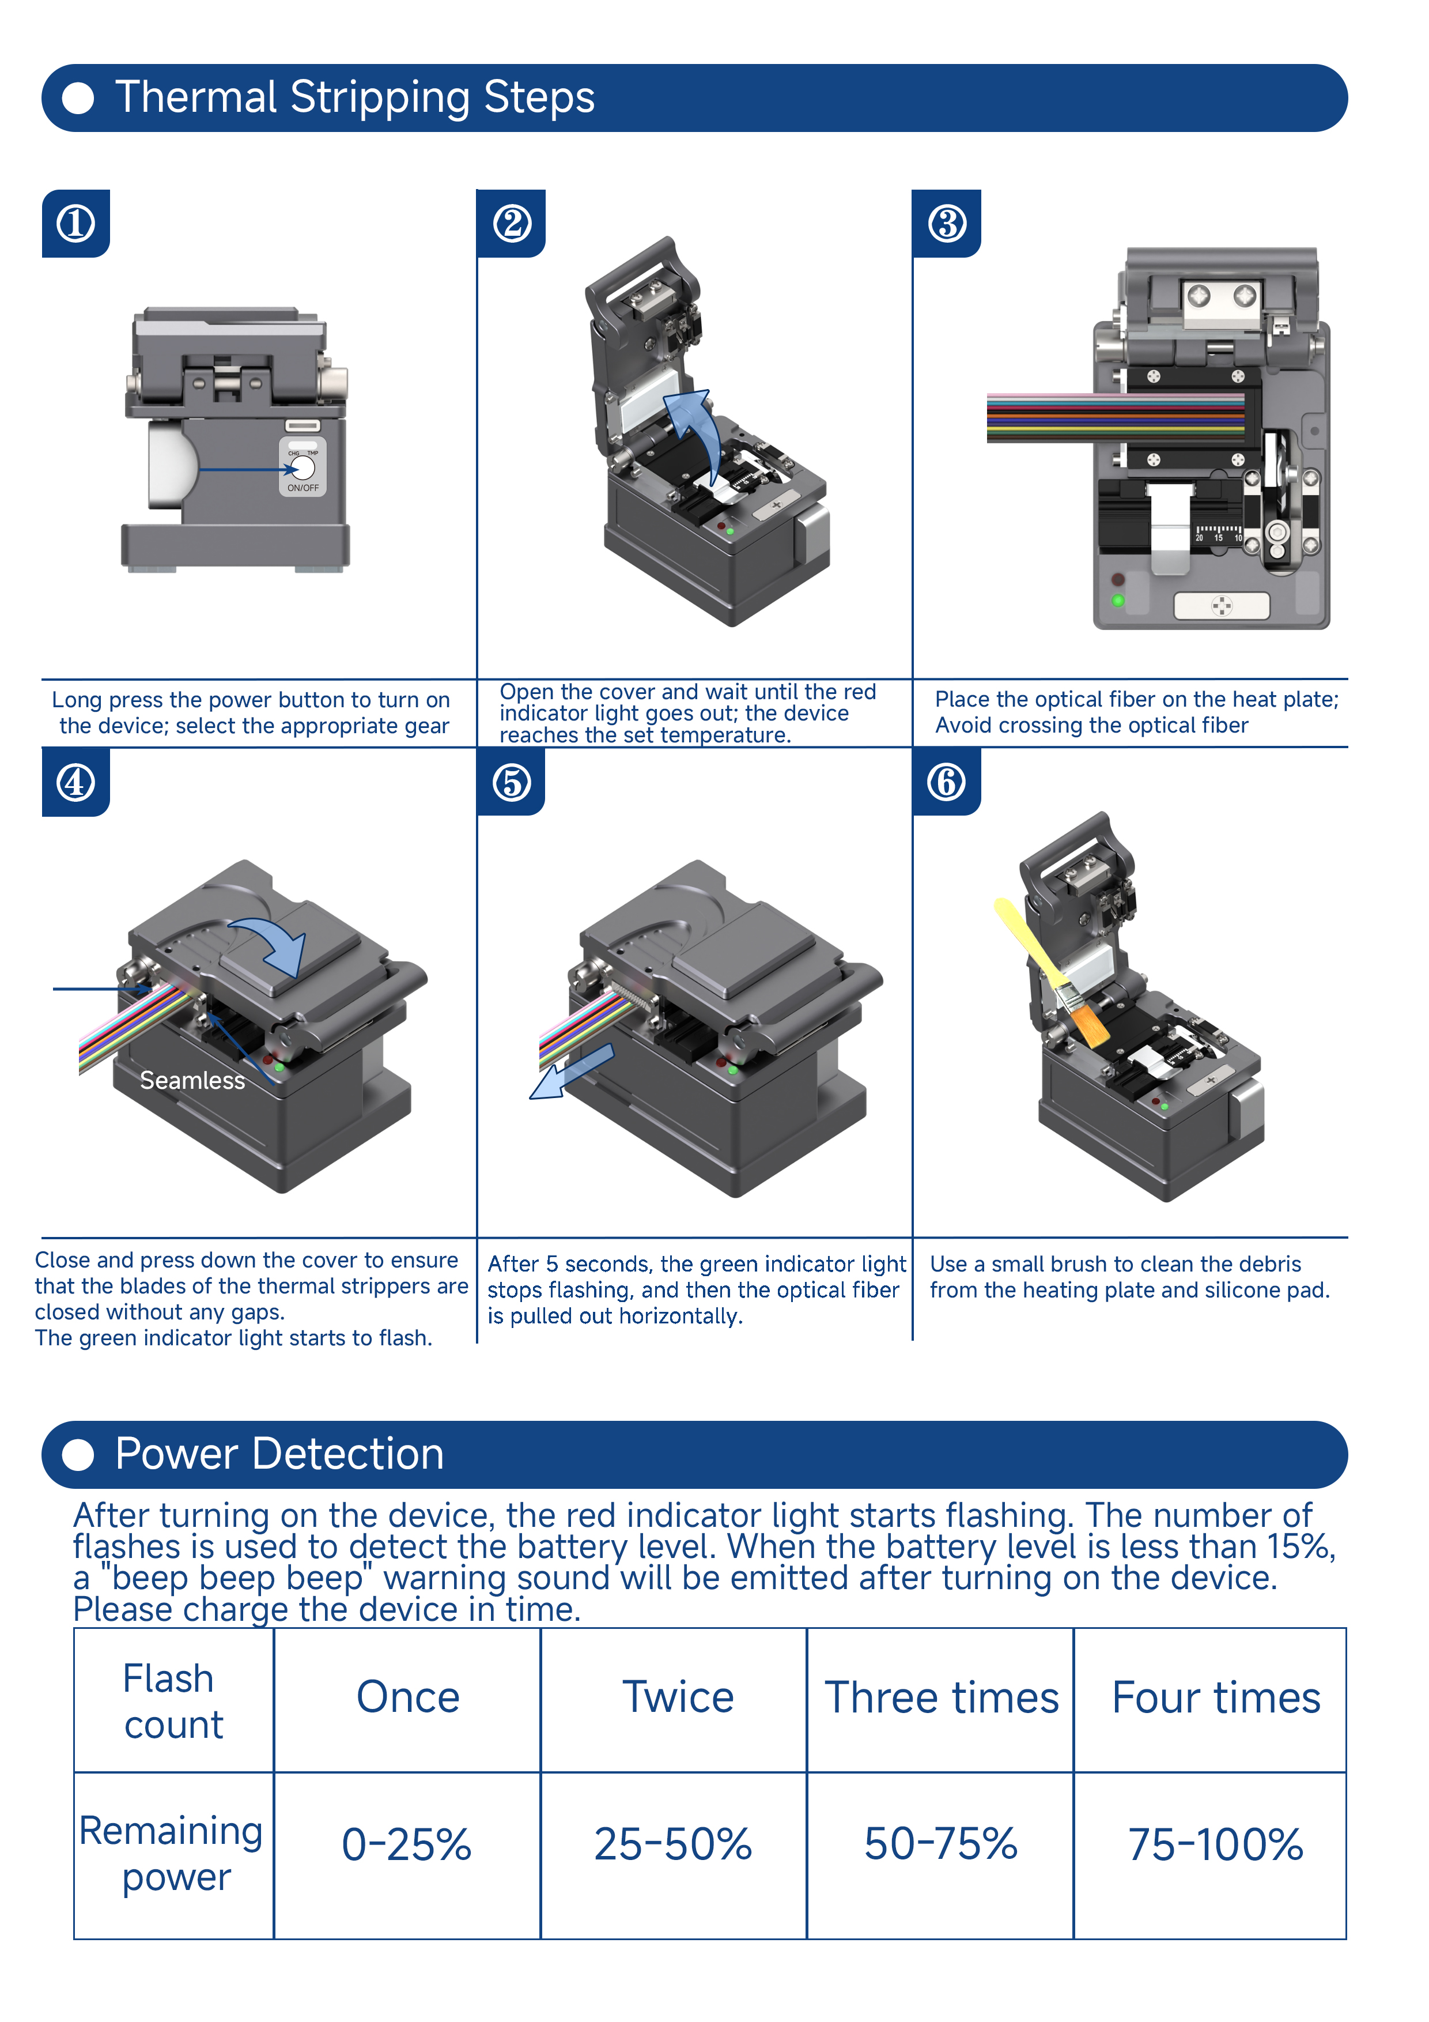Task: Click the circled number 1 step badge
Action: tap(75, 224)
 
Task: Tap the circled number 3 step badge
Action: tap(947, 224)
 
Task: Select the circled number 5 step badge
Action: tap(512, 782)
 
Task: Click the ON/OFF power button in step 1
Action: tap(303, 467)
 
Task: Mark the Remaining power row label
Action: tap(172, 1854)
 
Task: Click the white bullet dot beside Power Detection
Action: tap(78, 1455)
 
